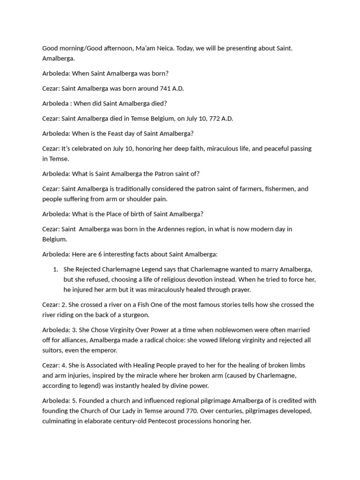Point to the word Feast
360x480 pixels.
tap(117, 133)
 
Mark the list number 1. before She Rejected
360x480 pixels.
tap(55, 269)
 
